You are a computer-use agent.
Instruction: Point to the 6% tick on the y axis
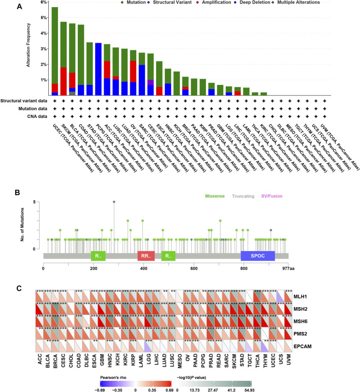point(44,3)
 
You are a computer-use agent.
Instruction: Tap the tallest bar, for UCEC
point(54,51)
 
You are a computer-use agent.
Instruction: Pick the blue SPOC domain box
point(257,256)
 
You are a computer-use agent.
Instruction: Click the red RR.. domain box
point(145,256)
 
